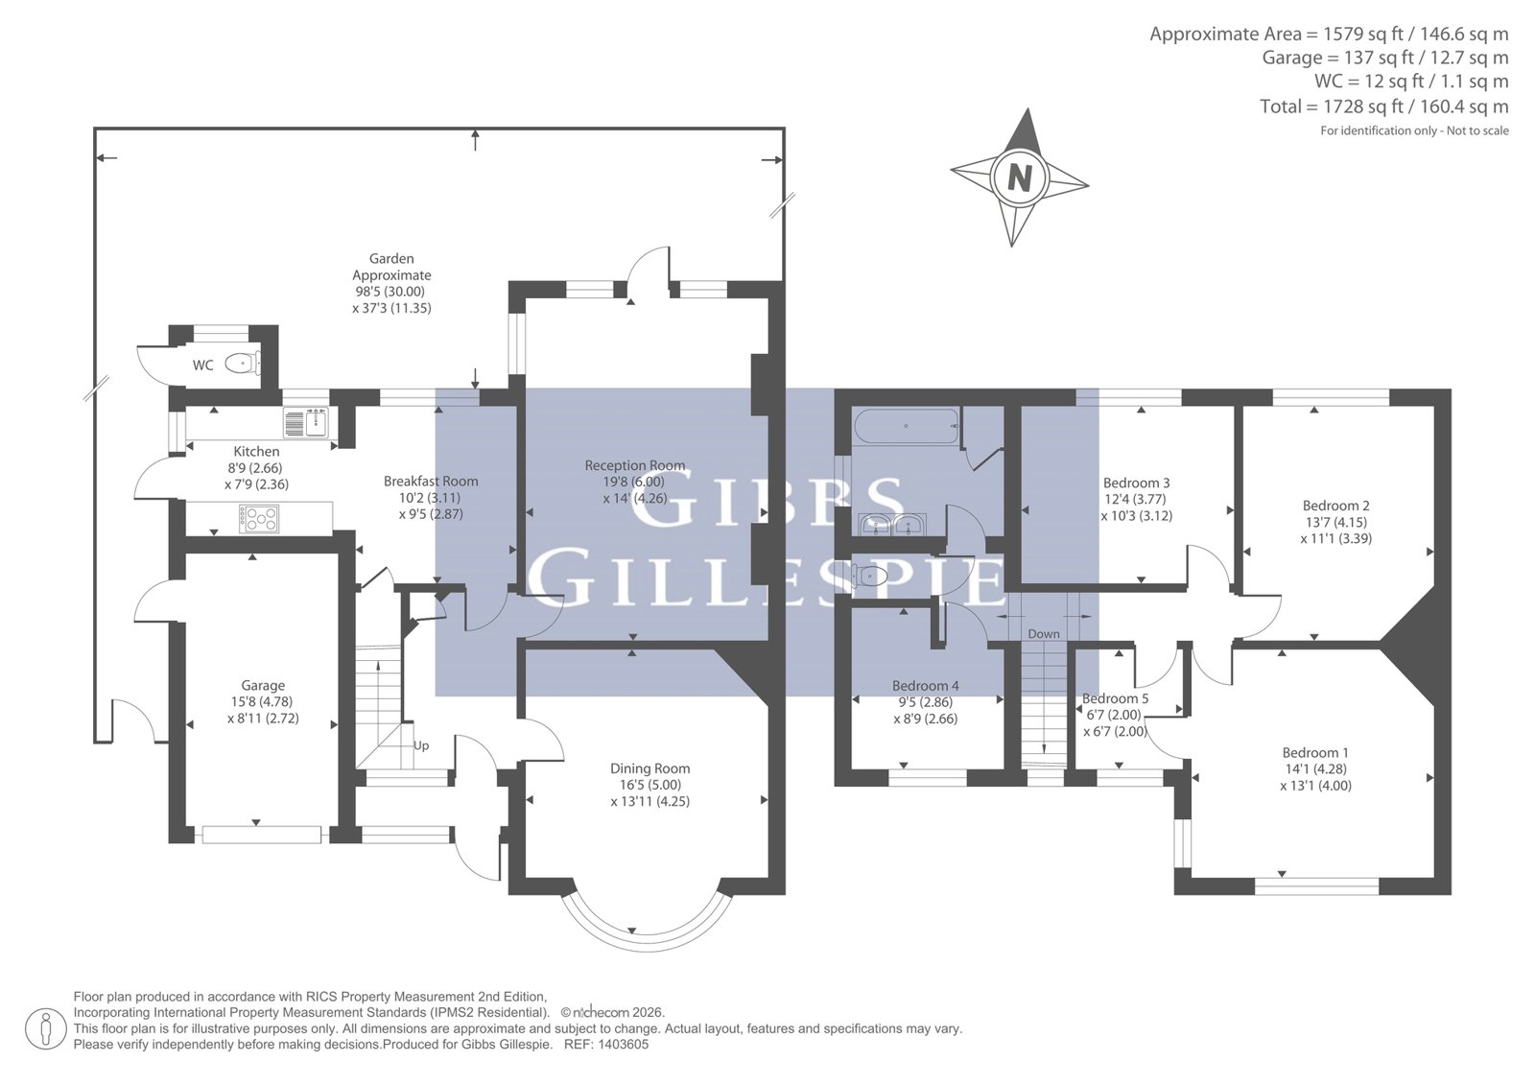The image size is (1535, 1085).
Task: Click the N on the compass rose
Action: point(1020,178)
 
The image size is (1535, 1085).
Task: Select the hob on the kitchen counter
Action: point(259,519)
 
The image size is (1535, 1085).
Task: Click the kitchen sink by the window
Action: point(306,422)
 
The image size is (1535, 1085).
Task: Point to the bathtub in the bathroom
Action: point(905,426)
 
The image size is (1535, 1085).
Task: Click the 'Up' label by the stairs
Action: point(421,745)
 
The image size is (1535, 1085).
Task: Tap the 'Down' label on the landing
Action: point(1044,634)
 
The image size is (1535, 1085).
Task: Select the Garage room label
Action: point(263,685)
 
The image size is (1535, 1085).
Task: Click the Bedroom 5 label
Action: point(1115,698)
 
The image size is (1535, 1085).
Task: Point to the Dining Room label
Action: point(650,768)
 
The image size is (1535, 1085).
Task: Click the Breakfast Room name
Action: point(431,482)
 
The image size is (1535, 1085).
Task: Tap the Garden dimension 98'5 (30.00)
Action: point(390,292)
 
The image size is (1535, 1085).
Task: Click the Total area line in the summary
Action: point(1383,106)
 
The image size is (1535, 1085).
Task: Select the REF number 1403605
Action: point(623,1045)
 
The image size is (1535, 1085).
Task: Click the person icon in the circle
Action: point(46,1028)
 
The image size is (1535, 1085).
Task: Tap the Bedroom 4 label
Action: point(926,685)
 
